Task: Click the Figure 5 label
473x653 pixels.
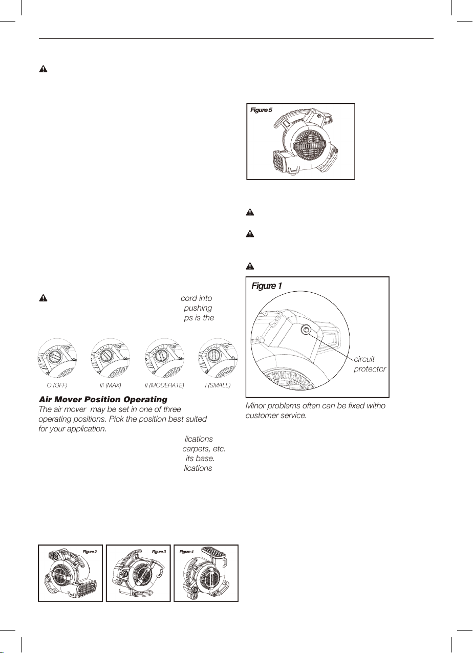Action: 261,110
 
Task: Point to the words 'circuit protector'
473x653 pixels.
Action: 370,364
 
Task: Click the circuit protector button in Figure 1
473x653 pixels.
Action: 306,331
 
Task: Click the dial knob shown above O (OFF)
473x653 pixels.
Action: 58,355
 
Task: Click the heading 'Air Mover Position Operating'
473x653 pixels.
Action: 103,399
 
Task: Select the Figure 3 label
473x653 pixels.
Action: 159,552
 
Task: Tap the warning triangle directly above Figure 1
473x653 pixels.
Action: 250,266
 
